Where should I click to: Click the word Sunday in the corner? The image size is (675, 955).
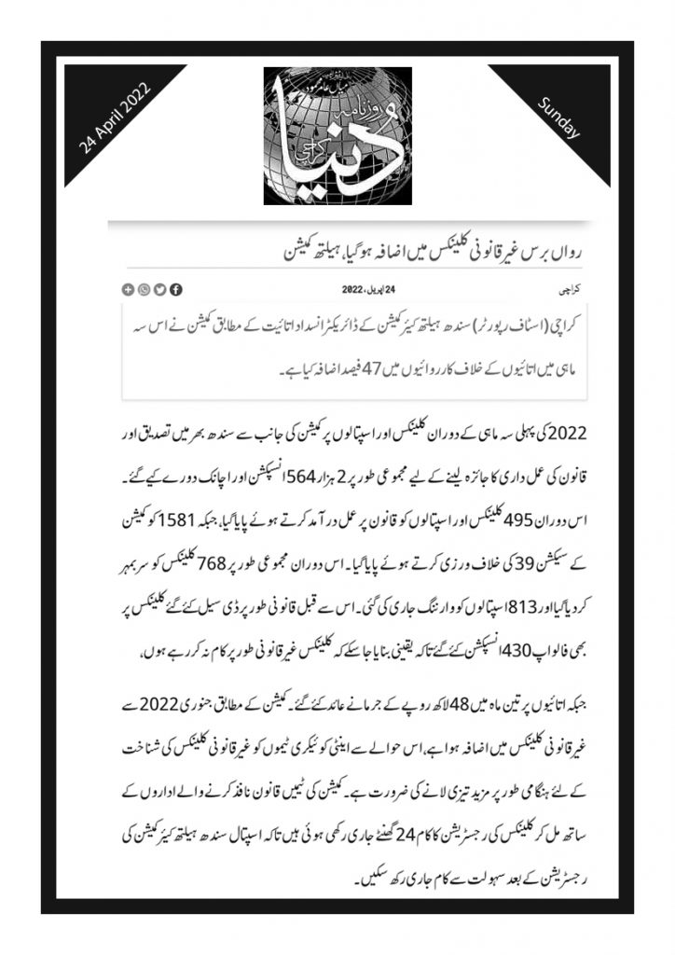coord(559,118)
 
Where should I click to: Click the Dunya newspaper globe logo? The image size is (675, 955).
coord(337,136)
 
